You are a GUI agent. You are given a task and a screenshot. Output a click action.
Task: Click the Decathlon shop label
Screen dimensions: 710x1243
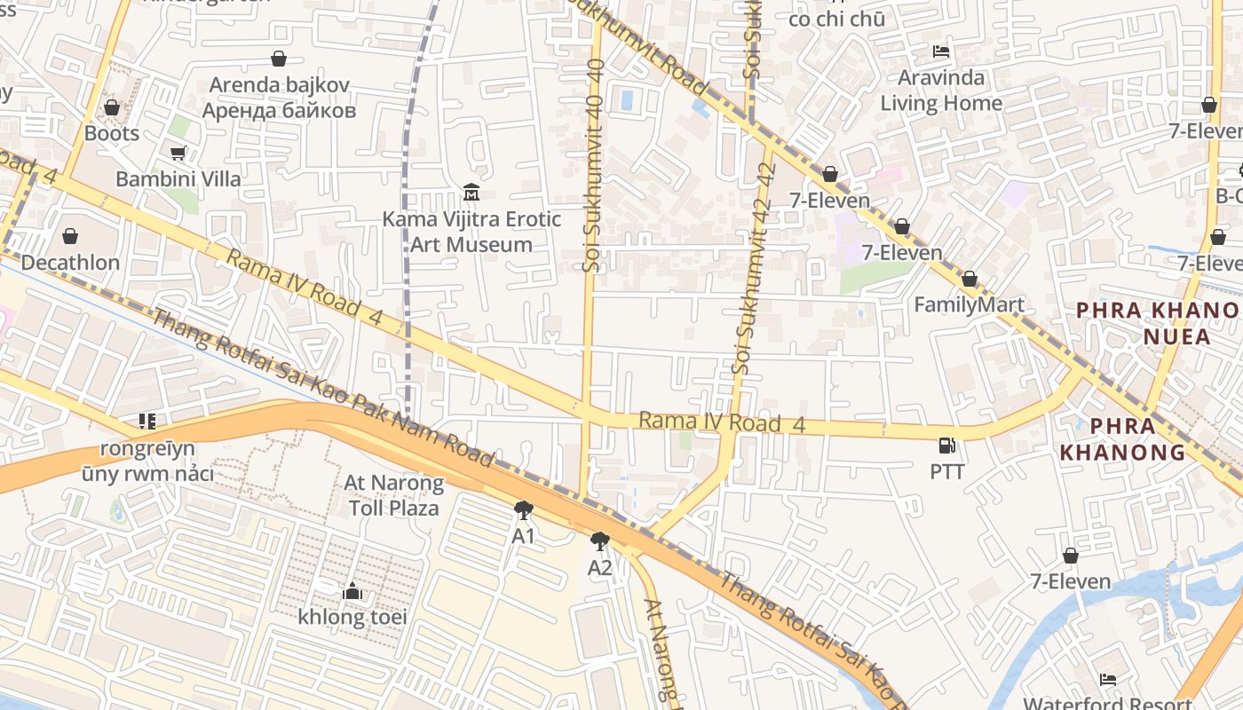(70, 263)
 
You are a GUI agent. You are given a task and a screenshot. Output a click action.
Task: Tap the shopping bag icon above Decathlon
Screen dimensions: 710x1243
(70, 236)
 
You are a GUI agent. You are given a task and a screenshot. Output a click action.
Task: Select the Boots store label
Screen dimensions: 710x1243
(112, 133)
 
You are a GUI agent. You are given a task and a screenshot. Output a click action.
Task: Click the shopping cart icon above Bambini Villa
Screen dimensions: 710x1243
(178, 153)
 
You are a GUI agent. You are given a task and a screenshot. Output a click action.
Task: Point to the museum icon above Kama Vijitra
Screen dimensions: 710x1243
(471, 192)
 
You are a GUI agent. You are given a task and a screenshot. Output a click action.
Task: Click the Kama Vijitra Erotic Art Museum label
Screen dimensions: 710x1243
(471, 232)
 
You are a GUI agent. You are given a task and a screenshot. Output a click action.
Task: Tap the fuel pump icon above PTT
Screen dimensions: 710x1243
(947, 446)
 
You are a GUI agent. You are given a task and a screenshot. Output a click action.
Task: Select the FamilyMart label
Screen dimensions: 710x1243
(969, 304)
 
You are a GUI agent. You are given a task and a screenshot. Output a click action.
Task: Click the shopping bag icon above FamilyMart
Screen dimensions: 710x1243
(970, 279)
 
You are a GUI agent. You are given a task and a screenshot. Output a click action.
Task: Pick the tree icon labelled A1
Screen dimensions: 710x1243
(524, 510)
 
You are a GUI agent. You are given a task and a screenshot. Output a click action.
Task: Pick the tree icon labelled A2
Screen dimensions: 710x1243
(600, 540)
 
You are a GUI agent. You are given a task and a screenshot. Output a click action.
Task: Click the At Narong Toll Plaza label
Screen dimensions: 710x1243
(393, 496)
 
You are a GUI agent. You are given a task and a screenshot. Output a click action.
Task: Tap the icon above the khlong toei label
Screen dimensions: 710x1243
(352, 590)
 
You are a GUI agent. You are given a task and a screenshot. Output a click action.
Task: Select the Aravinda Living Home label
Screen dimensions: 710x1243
(941, 91)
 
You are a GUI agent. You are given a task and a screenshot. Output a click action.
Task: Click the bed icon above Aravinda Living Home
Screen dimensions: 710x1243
(941, 51)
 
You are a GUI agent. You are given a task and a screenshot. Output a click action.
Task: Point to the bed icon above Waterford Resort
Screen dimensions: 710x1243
(1107, 680)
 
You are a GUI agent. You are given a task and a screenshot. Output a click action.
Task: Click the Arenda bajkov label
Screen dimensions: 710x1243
(279, 98)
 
